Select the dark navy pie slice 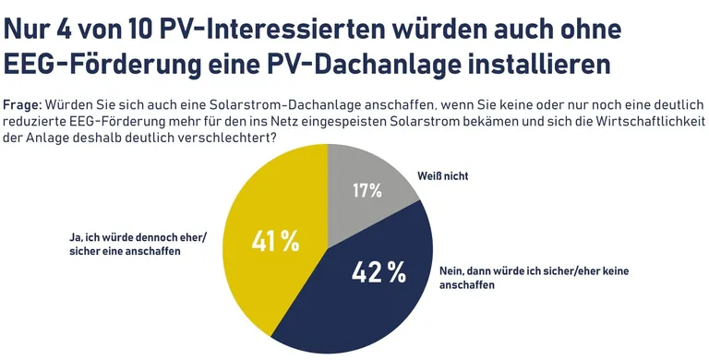(x=369, y=295)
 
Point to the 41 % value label (x=276, y=242)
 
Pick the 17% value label (x=367, y=191)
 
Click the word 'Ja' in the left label (x=76, y=236)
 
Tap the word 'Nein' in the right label (x=450, y=271)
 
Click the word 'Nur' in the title (x=28, y=29)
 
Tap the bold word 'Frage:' (x=22, y=103)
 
